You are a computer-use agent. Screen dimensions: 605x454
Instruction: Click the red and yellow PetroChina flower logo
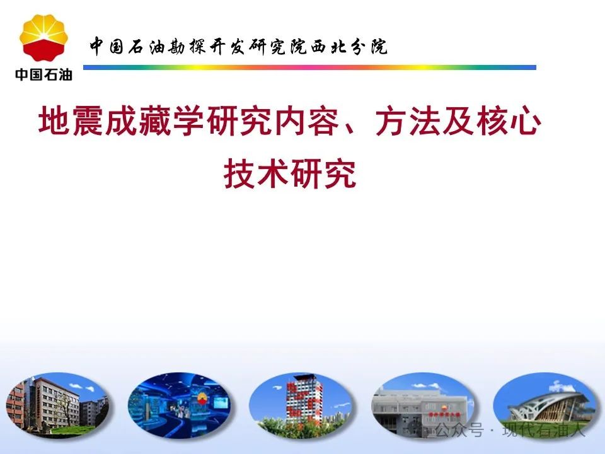click(43, 38)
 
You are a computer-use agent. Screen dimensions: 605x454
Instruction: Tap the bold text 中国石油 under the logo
click(43, 74)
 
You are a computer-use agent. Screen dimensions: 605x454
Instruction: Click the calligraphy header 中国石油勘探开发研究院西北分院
click(238, 47)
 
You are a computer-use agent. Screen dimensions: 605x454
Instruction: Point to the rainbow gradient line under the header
click(309, 67)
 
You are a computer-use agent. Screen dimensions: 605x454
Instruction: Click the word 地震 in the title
click(72, 121)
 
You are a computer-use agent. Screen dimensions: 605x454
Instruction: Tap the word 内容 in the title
click(307, 121)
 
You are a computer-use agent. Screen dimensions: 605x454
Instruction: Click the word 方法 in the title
click(408, 121)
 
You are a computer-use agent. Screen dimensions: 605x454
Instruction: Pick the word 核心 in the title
click(509, 121)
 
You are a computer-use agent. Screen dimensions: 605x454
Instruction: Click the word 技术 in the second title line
click(256, 173)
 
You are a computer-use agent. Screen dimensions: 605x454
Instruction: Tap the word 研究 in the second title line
click(323, 173)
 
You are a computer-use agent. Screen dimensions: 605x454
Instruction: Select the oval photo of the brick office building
click(57, 405)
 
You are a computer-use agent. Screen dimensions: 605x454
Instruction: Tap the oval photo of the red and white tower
click(301, 405)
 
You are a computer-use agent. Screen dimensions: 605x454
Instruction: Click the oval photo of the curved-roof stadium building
click(544, 405)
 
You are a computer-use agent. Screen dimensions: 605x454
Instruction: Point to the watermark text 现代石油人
click(544, 429)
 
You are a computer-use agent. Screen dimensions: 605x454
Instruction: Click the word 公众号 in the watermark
click(460, 429)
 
